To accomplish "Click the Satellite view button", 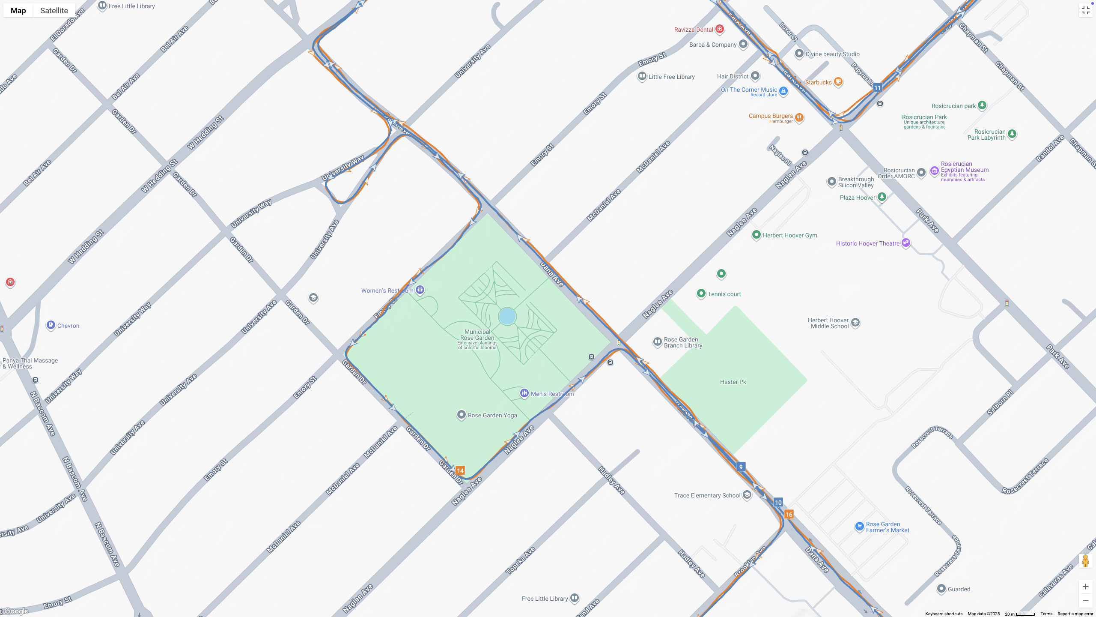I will tap(54, 10).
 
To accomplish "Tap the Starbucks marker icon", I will tap(838, 81).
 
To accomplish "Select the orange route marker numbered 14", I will tap(460, 470).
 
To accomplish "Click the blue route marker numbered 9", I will tap(741, 467).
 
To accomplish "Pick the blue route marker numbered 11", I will tap(878, 87).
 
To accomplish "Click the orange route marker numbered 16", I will tap(789, 514).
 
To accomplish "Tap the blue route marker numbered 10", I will tap(778, 502).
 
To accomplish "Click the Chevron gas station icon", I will tap(51, 325).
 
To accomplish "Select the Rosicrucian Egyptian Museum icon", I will tap(934, 171).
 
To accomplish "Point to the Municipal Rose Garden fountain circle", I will tap(507, 316).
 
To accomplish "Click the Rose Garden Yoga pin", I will tap(461, 414).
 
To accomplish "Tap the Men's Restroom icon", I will tap(524, 392).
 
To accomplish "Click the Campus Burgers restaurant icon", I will tap(799, 117).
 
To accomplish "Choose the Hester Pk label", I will tap(733, 382).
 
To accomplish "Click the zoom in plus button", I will tap(1085, 587).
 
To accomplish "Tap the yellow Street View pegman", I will tap(1085, 561).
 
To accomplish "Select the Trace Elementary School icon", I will tap(747, 495).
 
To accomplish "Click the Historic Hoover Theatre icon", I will tap(906, 243).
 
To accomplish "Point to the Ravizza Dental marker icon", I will tap(720, 29).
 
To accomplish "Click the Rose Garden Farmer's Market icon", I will tap(859, 526).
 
